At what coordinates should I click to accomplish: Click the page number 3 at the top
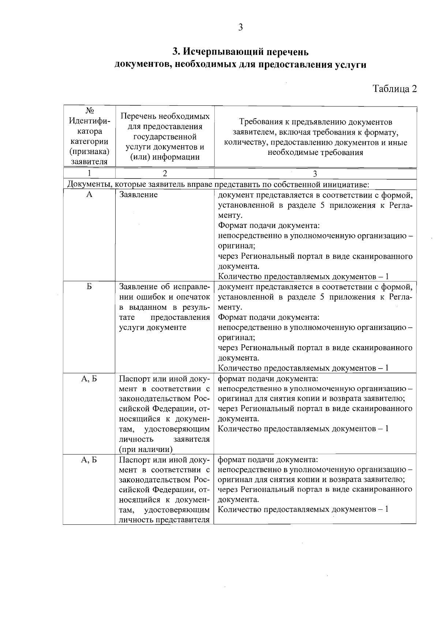pyautogui.click(x=240, y=27)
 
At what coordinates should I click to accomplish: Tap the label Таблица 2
pyautogui.click(x=395, y=89)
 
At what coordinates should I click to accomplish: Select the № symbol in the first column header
pyautogui.click(x=89, y=111)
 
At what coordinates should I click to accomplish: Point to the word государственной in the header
pyautogui.click(x=165, y=137)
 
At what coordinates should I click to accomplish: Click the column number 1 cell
pyautogui.click(x=89, y=173)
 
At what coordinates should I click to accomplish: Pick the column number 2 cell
pyautogui.click(x=165, y=173)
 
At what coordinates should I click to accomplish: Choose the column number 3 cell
pyautogui.click(x=315, y=173)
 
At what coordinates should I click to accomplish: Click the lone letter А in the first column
pyautogui.click(x=89, y=195)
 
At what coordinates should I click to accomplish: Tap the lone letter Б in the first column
pyautogui.click(x=89, y=287)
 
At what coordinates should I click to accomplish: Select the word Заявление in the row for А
pyautogui.click(x=139, y=195)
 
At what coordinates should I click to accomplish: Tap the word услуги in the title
pyautogui.click(x=350, y=65)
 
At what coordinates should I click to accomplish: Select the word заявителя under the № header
pyautogui.click(x=89, y=161)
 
